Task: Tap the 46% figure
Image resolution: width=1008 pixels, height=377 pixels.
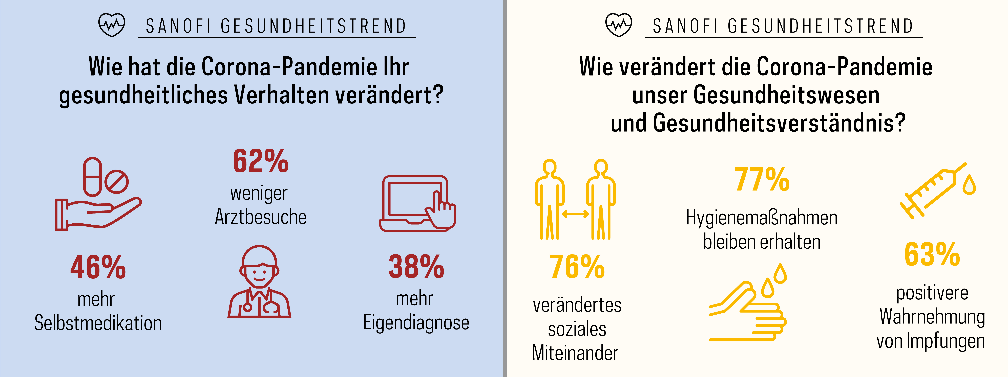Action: (x=98, y=268)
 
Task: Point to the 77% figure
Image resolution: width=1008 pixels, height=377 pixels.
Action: (x=762, y=180)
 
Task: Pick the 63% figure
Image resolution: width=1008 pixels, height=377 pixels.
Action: (x=932, y=255)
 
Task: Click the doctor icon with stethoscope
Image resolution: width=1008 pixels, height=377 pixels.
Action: (x=259, y=282)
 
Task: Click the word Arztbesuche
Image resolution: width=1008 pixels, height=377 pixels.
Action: (x=261, y=217)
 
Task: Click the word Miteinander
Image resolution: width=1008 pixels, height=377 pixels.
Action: (x=575, y=353)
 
